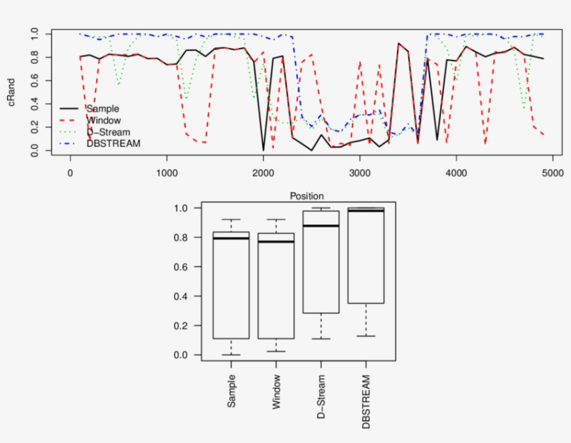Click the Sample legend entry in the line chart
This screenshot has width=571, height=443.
pyautogui.click(x=102, y=108)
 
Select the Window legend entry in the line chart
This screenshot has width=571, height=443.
pyautogui.click(x=104, y=120)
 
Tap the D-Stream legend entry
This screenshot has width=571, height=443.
pyautogui.click(x=107, y=131)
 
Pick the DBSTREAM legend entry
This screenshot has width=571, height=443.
pyautogui.click(x=114, y=143)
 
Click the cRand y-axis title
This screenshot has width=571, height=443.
pyautogui.click(x=13, y=92)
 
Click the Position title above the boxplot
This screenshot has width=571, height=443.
pyautogui.click(x=306, y=197)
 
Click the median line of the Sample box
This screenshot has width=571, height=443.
pyautogui.click(x=230, y=239)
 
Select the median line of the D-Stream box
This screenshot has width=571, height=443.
pyautogui.click(x=321, y=225)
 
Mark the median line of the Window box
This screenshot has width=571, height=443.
pyautogui.click(x=276, y=241)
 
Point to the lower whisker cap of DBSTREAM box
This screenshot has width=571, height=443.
pyautogui.click(x=366, y=336)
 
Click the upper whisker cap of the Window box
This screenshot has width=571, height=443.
pyautogui.click(x=276, y=220)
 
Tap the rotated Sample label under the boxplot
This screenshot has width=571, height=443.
pyautogui.click(x=231, y=391)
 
